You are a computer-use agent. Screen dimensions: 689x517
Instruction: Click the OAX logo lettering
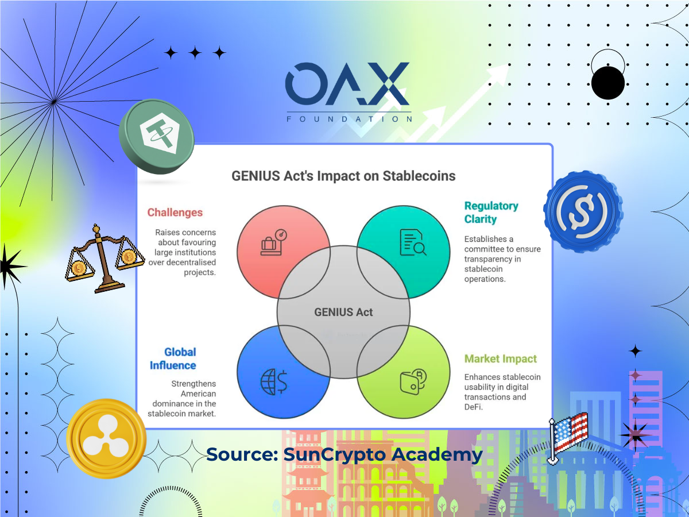coord(347,84)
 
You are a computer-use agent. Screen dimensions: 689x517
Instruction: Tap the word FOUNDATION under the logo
coord(349,119)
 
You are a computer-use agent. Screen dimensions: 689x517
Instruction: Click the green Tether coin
coord(157,137)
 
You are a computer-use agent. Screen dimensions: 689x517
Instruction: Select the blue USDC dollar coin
coord(583,211)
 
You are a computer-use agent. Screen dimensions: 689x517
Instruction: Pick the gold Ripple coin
coord(106,438)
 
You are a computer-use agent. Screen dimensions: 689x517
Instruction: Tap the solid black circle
coord(608,83)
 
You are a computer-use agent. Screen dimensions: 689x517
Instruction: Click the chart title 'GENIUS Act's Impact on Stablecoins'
coord(343,176)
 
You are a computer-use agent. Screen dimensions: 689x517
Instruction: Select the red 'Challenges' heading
coord(175,213)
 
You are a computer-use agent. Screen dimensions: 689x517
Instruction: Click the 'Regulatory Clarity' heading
coord(491,213)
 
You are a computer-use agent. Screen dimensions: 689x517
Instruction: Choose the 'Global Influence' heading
coord(173,359)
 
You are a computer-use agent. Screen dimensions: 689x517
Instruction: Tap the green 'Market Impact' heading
coord(500,359)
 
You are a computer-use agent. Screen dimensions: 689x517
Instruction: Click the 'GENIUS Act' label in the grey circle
coord(343,312)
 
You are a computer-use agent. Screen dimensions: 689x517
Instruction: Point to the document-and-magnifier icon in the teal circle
coord(413,242)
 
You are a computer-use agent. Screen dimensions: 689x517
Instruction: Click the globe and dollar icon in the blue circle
coord(274,381)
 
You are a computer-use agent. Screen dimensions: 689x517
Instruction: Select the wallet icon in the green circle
coord(413,381)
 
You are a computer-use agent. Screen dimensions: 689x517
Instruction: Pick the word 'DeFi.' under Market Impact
coord(473,407)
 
